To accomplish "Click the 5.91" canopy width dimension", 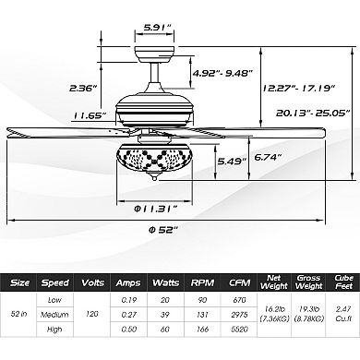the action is (x=158, y=27).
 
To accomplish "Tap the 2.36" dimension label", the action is (x=83, y=89).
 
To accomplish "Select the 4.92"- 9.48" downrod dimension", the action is (x=222, y=73).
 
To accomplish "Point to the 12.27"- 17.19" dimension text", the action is (x=298, y=89).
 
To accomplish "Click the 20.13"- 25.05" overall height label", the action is (x=313, y=113).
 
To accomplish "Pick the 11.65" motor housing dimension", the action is (x=90, y=115).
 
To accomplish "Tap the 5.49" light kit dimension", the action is (x=232, y=161).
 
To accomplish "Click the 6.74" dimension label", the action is (x=268, y=157).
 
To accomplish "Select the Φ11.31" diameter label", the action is (x=156, y=209).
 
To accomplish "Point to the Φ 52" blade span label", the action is (x=163, y=230).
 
